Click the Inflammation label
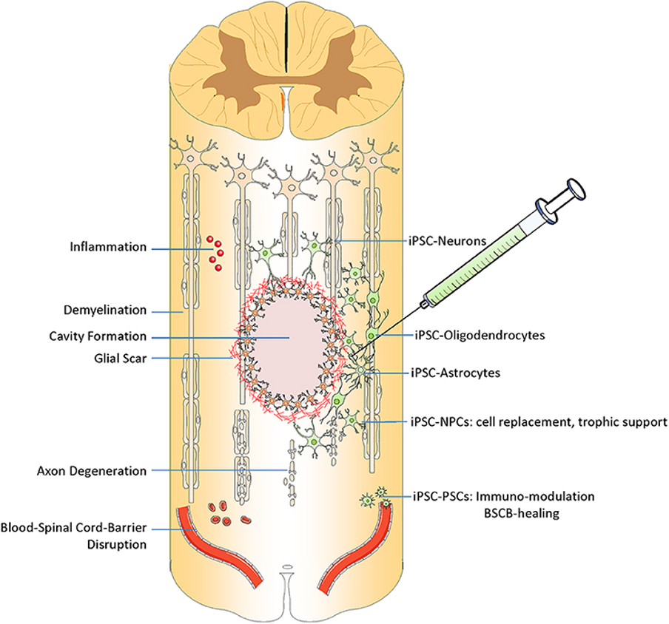[108, 248]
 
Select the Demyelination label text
[105, 311]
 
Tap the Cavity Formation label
[97, 336]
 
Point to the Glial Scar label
[120, 357]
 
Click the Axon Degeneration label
[92, 470]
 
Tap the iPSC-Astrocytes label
[455, 373]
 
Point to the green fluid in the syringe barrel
[488, 251]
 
